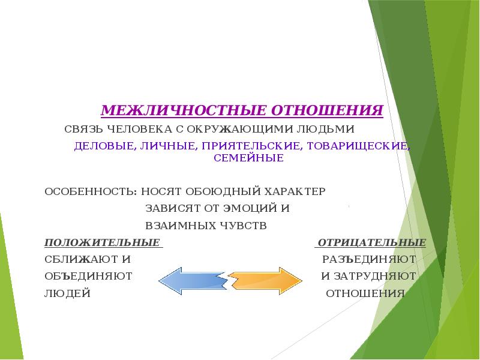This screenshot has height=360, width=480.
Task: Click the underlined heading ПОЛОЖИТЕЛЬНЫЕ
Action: coord(103,243)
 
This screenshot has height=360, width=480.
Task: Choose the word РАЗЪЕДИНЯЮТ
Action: coord(369,260)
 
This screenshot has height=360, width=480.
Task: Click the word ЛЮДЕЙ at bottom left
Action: coord(67,294)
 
